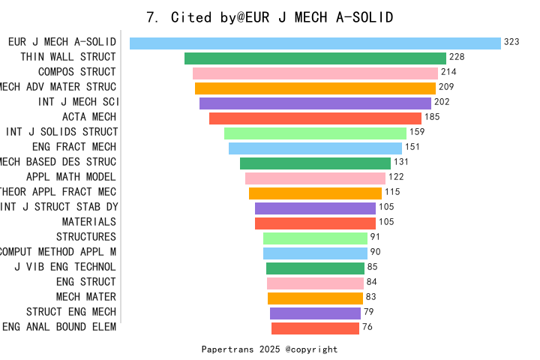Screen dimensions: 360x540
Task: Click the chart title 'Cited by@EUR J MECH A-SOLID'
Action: pyautogui.click(x=270, y=16)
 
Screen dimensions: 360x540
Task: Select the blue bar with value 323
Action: pyautogui.click(x=315, y=43)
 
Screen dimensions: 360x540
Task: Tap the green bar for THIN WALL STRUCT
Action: pyautogui.click(x=315, y=58)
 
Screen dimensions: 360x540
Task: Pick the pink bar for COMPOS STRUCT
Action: pyautogui.click(x=315, y=73)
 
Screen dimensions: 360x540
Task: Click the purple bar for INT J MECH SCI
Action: pyautogui.click(x=315, y=103)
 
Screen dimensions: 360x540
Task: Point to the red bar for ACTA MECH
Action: pyautogui.click(x=315, y=118)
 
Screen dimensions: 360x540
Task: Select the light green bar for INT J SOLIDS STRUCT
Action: pyautogui.click(x=315, y=133)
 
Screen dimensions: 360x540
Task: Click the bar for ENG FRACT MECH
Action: pyautogui.click(x=315, y=148)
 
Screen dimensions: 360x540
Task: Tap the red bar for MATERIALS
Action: pyautogui.click(x=315, y=223)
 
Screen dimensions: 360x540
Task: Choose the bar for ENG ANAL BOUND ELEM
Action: pyautogui.click(x=315, y=328)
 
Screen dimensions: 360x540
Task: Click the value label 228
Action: pyautogui.click(x=457, y=57)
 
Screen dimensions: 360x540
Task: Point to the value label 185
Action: pyautogui.click(x=432, y=117)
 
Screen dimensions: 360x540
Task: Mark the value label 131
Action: pyautogui.click(x=401, y=162)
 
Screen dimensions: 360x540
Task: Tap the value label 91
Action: pyautogui.click(x=376, y=237)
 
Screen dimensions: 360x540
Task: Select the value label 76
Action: pyautogui.click(x=367, y=327)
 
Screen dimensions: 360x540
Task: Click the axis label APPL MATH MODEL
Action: pyautogui.click(x=71, y=177)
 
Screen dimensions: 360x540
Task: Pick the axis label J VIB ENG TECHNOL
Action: pyautogui.click(x=65, y=267)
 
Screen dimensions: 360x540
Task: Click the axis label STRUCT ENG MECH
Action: pyautogui.click(x=71, y=312)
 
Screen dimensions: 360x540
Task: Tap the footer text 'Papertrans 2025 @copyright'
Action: pyautogui.click(x=269, y=349)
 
